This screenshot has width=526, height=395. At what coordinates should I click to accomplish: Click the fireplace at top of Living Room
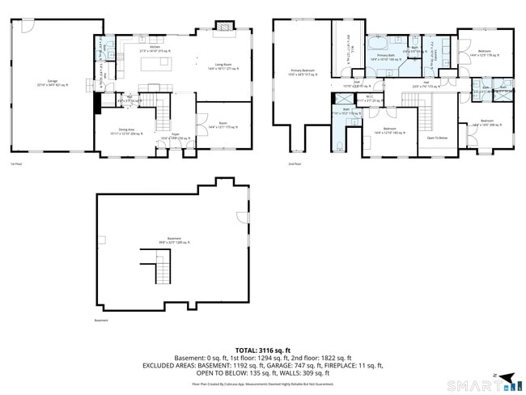(223, 27)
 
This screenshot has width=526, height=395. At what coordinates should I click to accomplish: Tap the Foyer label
(175, 136)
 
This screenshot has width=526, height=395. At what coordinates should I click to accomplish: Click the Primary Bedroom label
(303, 72)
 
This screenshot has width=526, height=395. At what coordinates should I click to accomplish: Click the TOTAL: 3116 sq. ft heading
(262, 349)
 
